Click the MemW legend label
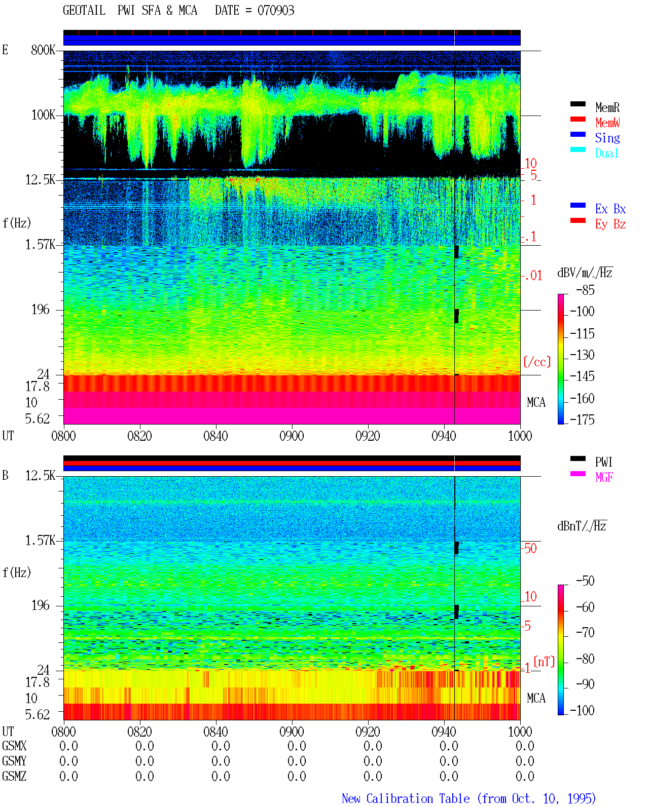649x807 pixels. [607, 123]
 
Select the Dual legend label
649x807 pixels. [606, 153]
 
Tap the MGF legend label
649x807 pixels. [604, 477]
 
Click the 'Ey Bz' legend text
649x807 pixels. [610, 224]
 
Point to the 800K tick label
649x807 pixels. [43, 50]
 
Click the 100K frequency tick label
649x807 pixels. [43, 115]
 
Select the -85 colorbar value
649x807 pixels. [585, 290]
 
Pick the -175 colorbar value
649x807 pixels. [582, 419]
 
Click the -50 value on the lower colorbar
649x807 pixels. [585, 581]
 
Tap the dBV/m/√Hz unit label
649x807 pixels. [585, 273]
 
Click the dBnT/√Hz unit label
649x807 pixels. [582, 526]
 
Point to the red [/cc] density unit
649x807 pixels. [537, 362]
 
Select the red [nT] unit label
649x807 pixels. [544, 662]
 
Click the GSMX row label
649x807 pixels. [14, 746]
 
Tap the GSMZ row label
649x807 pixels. [14, 776]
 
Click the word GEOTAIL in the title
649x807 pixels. [84, 10]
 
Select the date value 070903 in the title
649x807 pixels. [276, 10]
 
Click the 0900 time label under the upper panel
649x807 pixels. [292, 436]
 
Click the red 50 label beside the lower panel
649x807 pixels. [530, 548]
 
